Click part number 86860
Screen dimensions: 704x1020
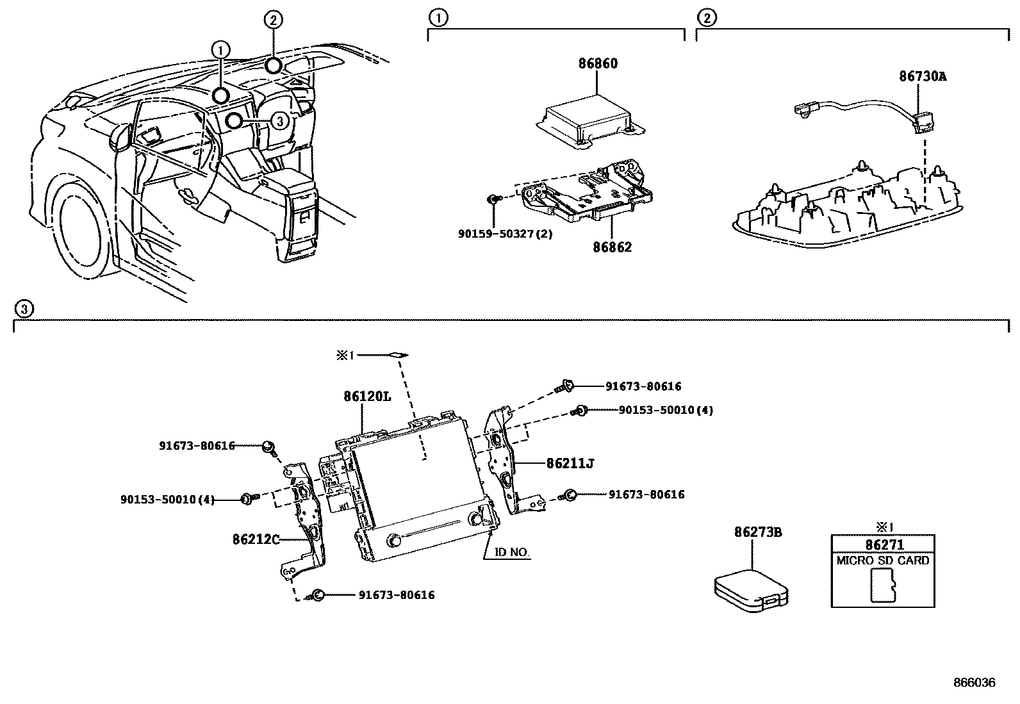pos(598,63)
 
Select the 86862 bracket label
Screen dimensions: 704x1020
pos(611,247)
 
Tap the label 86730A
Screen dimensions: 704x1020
pos(922,76)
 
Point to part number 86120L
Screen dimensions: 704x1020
pos(366,397)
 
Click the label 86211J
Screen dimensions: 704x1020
pos(570,463)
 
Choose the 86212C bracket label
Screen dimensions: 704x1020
pos(256,539)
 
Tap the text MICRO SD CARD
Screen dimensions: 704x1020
pos(882,561)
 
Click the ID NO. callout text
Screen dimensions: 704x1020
pos(512,552)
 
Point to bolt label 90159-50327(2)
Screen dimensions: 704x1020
pos(505,234)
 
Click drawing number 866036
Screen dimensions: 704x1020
pos(974,683)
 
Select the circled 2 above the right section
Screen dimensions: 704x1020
pos(706,18)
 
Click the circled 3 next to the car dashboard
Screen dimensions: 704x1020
pos(279,120)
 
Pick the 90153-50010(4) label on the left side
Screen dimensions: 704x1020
pos(167,499)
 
